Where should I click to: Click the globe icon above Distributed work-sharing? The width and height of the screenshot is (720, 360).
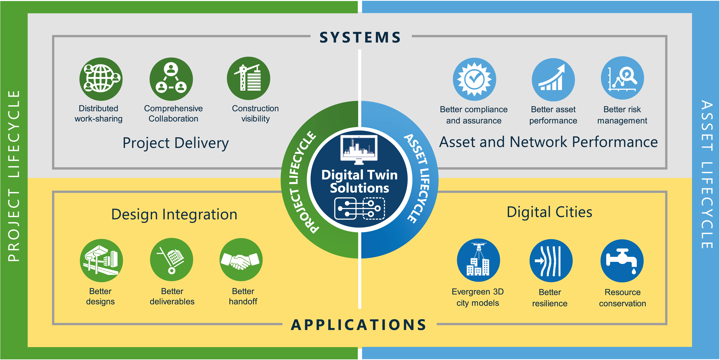pyautogui.click(x=101, y=79)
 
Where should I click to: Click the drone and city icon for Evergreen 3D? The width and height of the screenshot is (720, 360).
pyautogui.click(x=478, y=260)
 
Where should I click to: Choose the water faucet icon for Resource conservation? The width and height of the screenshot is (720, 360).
pyautogui.click(x=622, y=261)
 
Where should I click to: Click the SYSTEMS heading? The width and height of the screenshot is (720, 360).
pyautogui.click(x=360, y=37)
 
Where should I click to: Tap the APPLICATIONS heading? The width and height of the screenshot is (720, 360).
pyautogui.click(x=359, y=325)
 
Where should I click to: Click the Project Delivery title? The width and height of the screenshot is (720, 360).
pyautogui.click(x=176, y=143)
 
